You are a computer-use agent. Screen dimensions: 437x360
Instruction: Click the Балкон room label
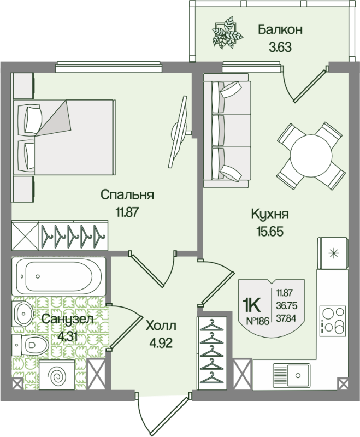tap(280, 29)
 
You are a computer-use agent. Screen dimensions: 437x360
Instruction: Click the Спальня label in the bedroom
tap(127, 195)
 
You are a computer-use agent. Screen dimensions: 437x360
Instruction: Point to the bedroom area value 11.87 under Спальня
tap(127, 212)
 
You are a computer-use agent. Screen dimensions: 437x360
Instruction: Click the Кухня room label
tap(269, 214)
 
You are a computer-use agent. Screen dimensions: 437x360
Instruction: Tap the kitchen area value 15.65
tap(270, 231)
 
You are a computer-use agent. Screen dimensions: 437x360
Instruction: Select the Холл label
tap(161, 327)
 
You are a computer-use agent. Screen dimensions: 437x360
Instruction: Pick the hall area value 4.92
tap(161, 344)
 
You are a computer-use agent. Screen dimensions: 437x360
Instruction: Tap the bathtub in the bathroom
tap(57, 276)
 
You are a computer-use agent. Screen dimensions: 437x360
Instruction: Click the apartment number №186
tap(258, 321)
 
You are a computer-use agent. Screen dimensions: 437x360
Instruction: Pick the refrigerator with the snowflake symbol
tap(332, 253)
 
